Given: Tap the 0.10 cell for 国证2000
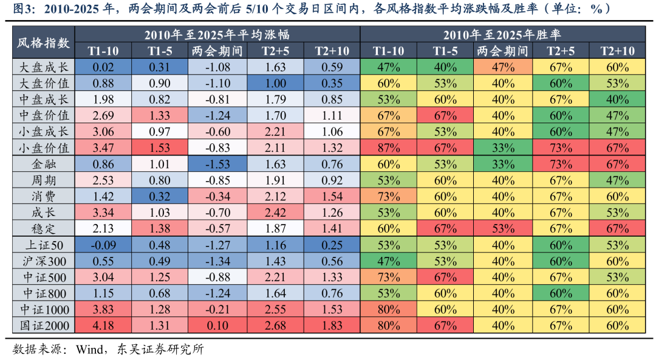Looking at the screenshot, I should click(216, 325).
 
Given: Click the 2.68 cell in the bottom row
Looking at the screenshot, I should click(275, 325).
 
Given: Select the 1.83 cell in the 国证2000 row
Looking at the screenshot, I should click(331, 325).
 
